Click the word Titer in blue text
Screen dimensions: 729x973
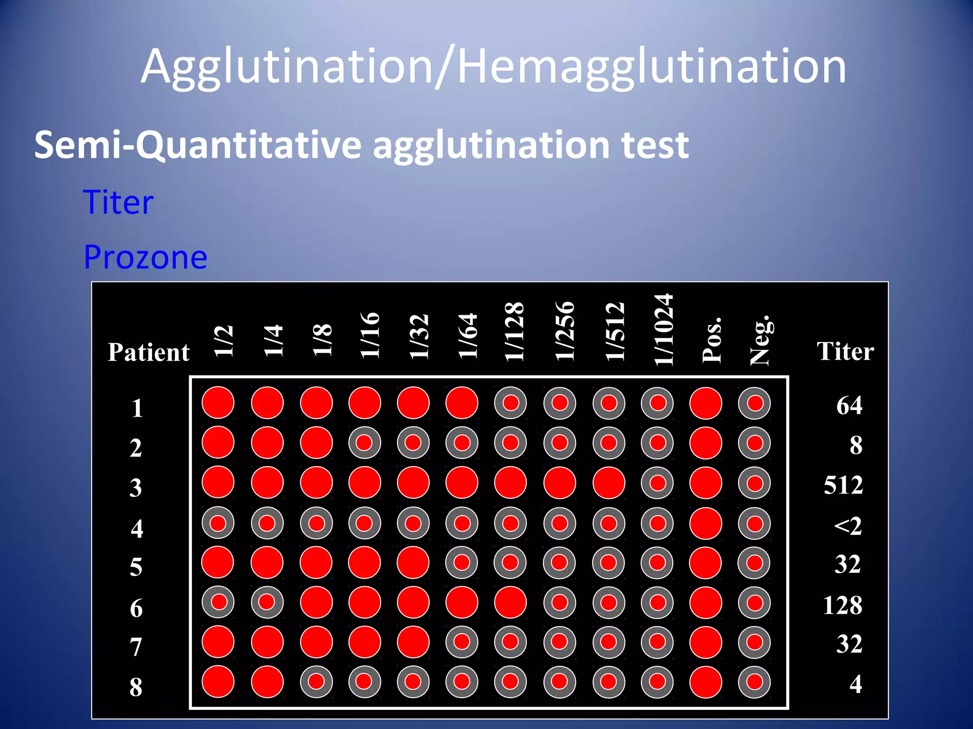[x=118, y=202]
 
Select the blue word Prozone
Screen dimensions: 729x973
[x=145, y=257]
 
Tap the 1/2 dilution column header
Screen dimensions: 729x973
[x=224, y=341]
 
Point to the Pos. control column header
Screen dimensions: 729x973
[x=712, y=340]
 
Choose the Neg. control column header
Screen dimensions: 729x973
[x=760, y=340]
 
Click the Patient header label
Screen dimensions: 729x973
[x=149, y=352]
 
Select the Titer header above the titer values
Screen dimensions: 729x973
[x=845, y=351]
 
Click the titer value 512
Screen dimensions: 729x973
[x=843, y=485]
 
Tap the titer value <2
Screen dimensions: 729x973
[x=848, y=526]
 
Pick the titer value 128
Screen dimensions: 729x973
[x=842, y=606]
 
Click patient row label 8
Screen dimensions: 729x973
[x=136, y=687]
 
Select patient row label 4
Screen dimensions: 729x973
[x=137, y=528]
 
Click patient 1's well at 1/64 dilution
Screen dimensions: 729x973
[x=462, y=403]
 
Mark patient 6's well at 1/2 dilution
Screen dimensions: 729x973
[x=218, y=602]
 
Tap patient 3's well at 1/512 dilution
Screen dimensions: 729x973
[x=609, y=483]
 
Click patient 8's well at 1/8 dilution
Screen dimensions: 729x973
[x=316, y=682]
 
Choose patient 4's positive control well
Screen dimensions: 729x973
[x=706, y=523]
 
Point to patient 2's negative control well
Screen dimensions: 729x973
[x=754, y=443]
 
